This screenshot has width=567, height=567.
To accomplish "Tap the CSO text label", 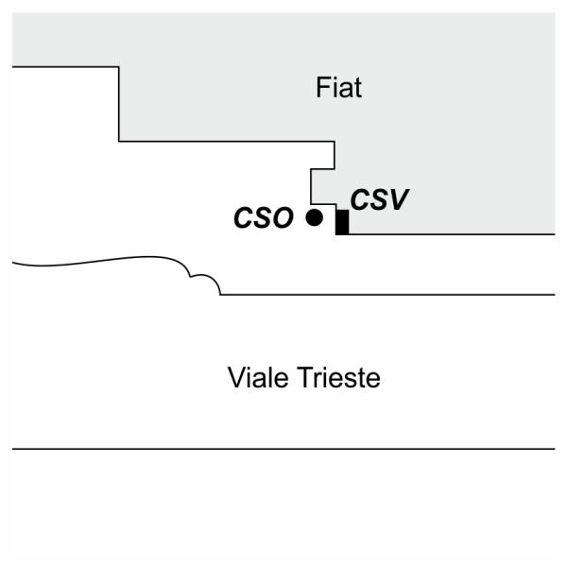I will click(x=264, y=218).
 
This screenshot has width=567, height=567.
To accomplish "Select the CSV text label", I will click(x=372, y=200).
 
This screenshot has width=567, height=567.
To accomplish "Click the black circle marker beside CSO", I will click(x=315, y=218).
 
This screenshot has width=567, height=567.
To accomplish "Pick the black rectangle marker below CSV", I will click(x=342, y=222).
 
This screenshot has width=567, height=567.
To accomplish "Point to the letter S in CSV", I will click(x=372, y=200).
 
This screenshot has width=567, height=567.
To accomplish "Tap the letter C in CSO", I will click(x=244, y=218).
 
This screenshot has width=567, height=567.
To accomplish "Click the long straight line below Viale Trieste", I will click(x=283, y=449).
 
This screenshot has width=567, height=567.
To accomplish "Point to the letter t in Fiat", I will click(x=358, y=89).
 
